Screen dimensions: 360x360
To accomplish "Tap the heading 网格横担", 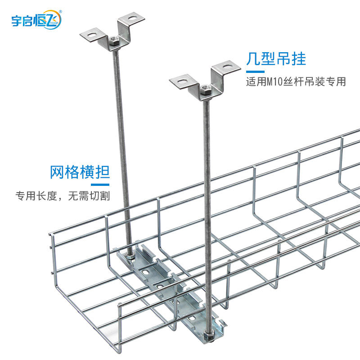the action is pyautogui.click(x=80, y=172).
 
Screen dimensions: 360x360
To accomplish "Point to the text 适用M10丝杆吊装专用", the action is pyautogui.click(x=296, y=82).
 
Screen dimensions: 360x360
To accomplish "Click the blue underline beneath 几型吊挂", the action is pyautogui.click(x=255, y=71).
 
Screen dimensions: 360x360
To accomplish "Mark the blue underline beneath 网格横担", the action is pyautogui.click(x=101, y=184).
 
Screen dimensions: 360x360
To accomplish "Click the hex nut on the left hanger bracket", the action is pyautogui.click(x=114, y=41).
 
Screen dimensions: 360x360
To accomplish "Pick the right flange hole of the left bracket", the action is pyautogui.click(x=132, y=20).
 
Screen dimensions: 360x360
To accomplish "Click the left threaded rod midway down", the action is pyautogui.click(x=123, y=148).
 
